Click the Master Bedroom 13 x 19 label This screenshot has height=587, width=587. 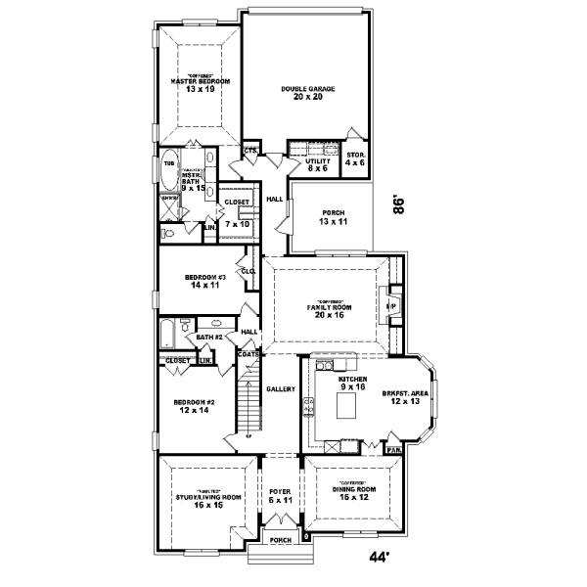200,84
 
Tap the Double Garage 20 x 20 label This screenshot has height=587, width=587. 308,93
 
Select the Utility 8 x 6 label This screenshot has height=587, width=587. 317,164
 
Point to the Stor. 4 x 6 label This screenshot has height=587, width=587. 355,158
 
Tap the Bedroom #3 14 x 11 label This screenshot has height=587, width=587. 205,282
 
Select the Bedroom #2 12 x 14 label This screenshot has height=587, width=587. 194,407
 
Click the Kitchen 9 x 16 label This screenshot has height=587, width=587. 351,383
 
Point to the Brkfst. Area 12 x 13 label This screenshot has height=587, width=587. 402,395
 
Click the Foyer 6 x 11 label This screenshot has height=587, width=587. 281,496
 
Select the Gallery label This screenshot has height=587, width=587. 281,389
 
